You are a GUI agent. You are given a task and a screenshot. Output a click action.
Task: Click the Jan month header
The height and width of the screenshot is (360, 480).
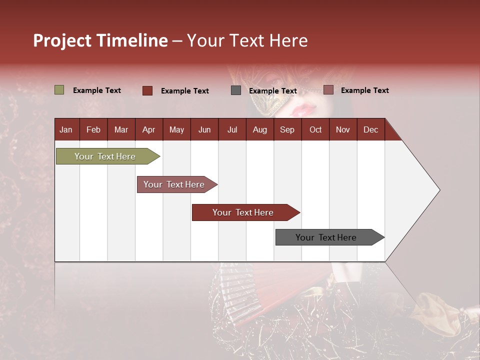click(x=66, y=129)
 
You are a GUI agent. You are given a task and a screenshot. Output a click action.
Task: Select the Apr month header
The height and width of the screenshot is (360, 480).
click(x=148, y=129)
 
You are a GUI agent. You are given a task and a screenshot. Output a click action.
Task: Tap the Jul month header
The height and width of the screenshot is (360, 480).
click(x=232, y=129)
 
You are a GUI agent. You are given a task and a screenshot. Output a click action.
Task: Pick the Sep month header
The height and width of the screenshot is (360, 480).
click(x=287, y=129)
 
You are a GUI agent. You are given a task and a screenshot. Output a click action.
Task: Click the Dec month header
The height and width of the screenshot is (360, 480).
click(x=370, y=129)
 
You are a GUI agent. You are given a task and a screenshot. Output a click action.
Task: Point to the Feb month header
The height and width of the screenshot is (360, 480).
click(x=93, y=129)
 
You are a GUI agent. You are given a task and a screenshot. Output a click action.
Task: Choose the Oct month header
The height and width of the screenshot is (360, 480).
click(x=315, y=129)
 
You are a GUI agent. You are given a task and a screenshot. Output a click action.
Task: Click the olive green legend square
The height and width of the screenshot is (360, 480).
click(x=59, y=90)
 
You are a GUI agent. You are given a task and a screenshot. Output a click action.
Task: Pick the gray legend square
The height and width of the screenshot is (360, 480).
click(x=236, y=90)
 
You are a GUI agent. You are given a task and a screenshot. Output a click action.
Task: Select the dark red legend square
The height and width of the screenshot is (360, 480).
click(x=147, y=90)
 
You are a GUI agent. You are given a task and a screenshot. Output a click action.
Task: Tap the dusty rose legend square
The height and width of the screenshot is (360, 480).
click(x=328, y=90)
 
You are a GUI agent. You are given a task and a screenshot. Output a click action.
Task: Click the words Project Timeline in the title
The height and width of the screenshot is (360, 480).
click(x=100, y=40)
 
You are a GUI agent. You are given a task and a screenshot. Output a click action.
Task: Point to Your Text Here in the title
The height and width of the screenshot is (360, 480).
click(x=247, y=40)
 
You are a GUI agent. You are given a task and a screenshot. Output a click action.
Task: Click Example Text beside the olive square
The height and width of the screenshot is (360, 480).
click(x=97, y=90)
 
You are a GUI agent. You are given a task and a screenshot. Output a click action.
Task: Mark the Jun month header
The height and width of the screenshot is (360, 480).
click(x=204, y=129)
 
